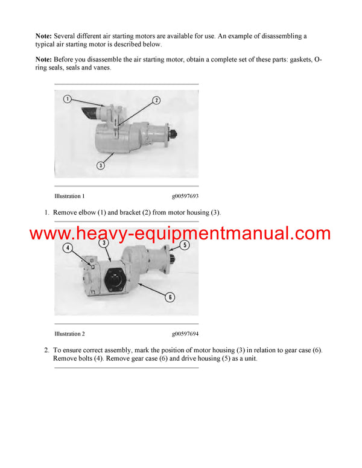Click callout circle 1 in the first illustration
68,98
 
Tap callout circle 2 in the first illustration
156,100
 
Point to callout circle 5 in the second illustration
185,245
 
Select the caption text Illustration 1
69,196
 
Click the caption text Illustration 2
69,334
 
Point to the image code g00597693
185,196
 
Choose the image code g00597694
185,334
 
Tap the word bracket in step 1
140,212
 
